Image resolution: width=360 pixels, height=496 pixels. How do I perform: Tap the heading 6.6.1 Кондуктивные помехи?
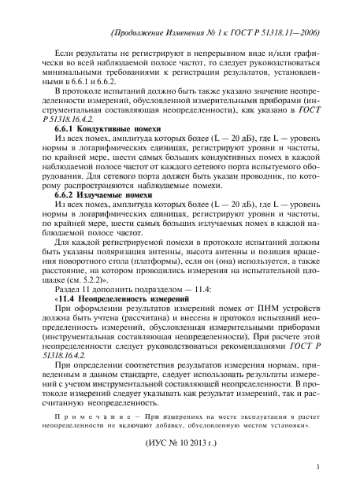point(89,125)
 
